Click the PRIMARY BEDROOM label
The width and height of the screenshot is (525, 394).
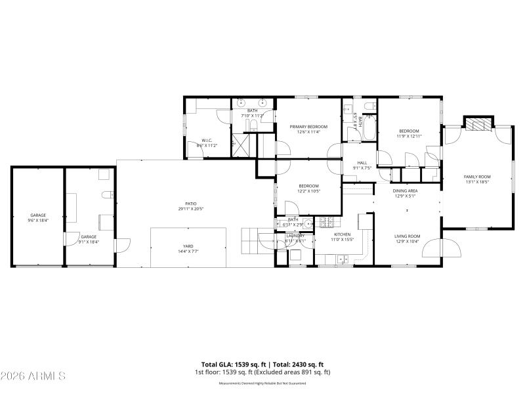click(x=308, y=127)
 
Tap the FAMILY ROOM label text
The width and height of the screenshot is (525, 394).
click(x=477, y=177)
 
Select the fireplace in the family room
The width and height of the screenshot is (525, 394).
click(x=477, y=124)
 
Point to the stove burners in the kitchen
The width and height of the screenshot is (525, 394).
click(x=326, y=223)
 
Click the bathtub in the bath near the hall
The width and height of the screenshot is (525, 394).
click(x=368, y=128)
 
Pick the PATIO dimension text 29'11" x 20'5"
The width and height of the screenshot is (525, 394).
click(x=191, y=209)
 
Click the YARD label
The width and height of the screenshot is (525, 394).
click(x=188, y=247)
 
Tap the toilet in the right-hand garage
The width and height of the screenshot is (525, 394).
click(x=106, y=194)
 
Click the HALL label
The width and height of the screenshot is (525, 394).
click(x=362, y=163)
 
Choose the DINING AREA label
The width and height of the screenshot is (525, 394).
click(x=406, y=190)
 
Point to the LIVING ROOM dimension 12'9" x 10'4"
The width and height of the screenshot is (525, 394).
click(x=407, y=241)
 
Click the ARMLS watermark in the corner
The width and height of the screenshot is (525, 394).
click(x=33, y=376)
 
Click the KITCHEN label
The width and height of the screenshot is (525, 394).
click(x=342, y=234)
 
